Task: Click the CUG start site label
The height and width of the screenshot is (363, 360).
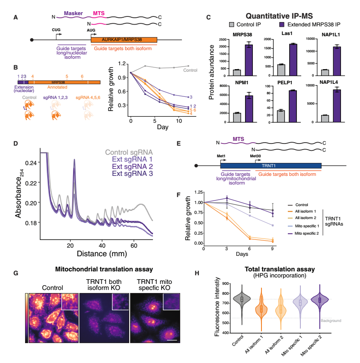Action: pyautogui.click(x=56, y=29)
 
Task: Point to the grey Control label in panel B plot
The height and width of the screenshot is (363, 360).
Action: pyautogui.click(x=190, y=70)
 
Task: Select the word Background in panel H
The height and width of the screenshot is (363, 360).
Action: pyautogui.click(x=331, y=321)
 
